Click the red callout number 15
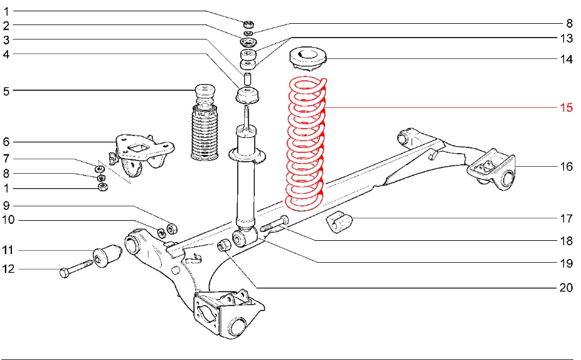click(x=566, y=107)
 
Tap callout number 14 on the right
click(x=566, y=60)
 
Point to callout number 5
click(x=6, y=91)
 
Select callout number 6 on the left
click(x=6, y=142)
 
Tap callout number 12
click(x=8, y=269)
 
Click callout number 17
click(x=566, y=219)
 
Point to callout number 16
click(x=566, y=167)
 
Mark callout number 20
click(x=566, y=288)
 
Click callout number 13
click(x=566, y=39)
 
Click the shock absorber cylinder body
click(x=245, y=182)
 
